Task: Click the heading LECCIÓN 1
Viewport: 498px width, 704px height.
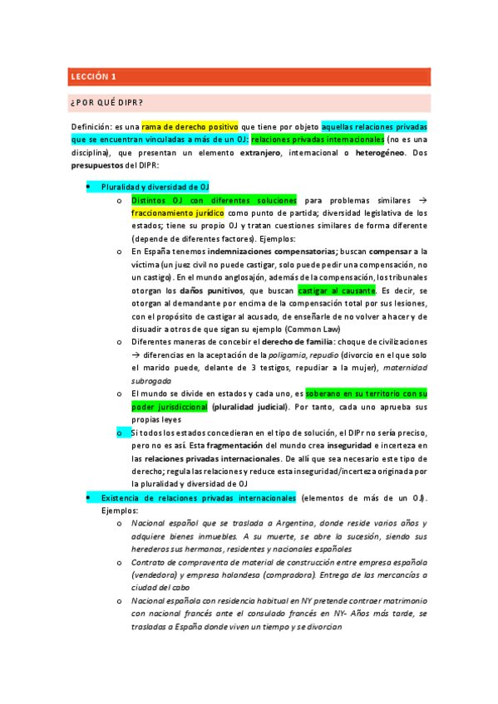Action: tap(93, 76)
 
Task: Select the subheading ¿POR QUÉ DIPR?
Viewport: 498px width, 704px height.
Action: tap(107, 103)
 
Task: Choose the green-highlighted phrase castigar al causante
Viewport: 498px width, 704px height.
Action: tap(336, 291)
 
